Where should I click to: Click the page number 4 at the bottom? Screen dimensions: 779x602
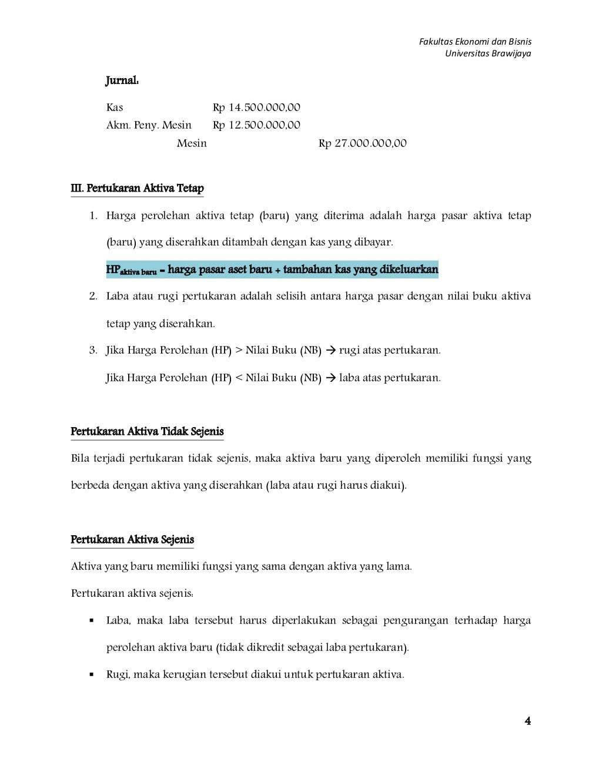pyautogui.click(x=527, y=721)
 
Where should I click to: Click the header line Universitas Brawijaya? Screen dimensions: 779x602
pyautogui.click(x=487, y=53)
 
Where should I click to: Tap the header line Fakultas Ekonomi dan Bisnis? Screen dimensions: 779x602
pyautogui.click(x=474, y=42)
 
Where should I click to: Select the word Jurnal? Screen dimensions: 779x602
pyautogui.click(x=122, y=80)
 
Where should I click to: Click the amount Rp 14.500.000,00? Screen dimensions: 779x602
pyautogui.click(x=256, y=108)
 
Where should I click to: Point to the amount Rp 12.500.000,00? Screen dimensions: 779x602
pyautogui.click(x=256, y=125)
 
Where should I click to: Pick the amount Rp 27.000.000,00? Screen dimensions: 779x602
pyautogui.click(x=362, y=143)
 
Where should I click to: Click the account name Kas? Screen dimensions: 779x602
pyautogui.click(x=115, y=108)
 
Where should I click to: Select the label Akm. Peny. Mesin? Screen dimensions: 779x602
pyautogui.click(x=149, y=125)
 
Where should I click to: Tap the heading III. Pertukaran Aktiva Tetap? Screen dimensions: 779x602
pyautogui.click(x=137, y=189)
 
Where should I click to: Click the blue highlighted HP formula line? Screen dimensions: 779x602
pyautogui.click(x=272, y=270)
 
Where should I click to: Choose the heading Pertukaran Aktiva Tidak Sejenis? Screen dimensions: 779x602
pyautogui.click(x=147, y=432)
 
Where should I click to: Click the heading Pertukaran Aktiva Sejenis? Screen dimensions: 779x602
pyautogui.click(x=132, y=540)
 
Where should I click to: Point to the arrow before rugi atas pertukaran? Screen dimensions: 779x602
pyautogui.click(x=330, y=351)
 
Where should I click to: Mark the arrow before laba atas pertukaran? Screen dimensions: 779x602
pyautogui.click(x=330, y=378)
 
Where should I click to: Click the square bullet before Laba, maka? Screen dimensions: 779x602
pyautogui.click(x=92, y=621)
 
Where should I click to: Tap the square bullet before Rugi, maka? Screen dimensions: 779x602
pyautogui.click(x=92, y=675)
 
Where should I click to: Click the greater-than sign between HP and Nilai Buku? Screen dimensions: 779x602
pyautogui.click(x=239, y=351)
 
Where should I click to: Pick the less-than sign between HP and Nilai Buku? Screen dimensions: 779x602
pyautogui.click(x=239, y=378)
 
